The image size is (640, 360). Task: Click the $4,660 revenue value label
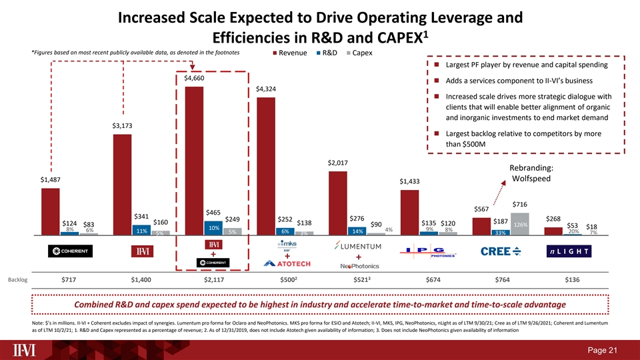[193, 79]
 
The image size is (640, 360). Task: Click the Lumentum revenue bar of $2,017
[337, 203]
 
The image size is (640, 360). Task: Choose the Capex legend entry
[359, 53]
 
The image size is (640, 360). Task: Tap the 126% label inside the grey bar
[520, 225]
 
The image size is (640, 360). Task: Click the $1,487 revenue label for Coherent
[50, 180]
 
